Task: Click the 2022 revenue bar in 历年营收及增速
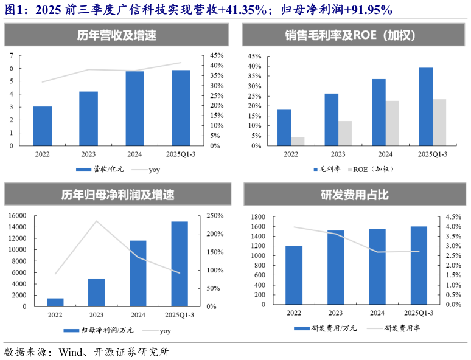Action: click(x=43, y=126)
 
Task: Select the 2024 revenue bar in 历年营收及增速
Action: click(x=134, y=108)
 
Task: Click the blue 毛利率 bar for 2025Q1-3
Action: click(x=426, y=106)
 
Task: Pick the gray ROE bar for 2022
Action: click(x=298, y=141)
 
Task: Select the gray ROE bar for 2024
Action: click(x=392, y=123)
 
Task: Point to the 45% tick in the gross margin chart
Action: click(x=253, y=56)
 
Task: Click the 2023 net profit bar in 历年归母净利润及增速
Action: click(x=96, y=292)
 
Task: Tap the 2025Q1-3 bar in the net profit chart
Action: click(x=179, y=263)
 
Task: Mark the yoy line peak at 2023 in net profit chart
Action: click(x=96, y=221)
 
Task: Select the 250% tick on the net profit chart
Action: click(x=215, y=216)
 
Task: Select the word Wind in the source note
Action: click(x=70, y=352)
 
